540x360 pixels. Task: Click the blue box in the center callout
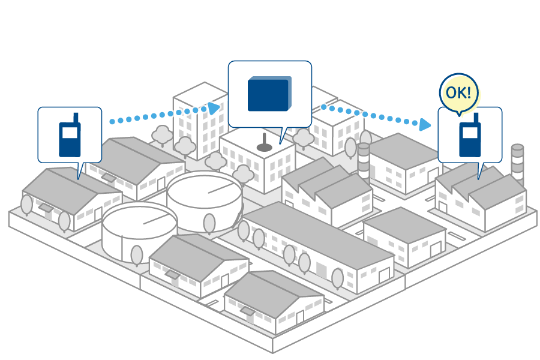click(269, 94)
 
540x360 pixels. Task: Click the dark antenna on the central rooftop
click(264, 143)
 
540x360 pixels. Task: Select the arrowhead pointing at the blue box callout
click(214, 108)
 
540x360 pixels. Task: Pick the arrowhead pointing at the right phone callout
click(425, 125)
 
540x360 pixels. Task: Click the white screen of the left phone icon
click(70, 133)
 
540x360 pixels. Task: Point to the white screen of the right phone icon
click(470, 133)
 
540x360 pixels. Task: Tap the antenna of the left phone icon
click(76, 118)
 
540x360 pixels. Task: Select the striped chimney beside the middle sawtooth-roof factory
click(364, 162)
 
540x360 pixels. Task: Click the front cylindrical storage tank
click(139, 232)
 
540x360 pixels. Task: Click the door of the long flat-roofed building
click(384, 275)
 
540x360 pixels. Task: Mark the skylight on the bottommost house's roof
click(247, 311)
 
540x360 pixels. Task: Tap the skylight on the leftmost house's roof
click(46, 208)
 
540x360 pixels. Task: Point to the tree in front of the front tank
click(137, 255)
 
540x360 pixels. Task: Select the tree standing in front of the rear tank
click(209, 224)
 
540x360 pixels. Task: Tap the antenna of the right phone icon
click(476, 118)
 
